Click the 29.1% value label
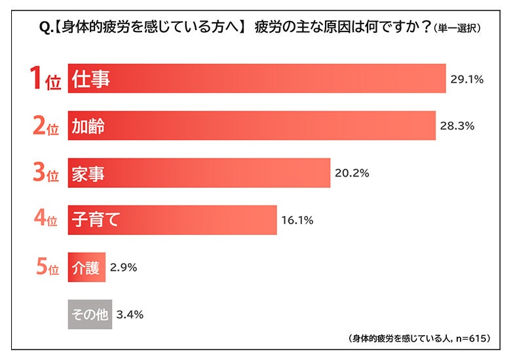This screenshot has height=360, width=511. [467, 79]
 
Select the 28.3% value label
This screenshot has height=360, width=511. [457, 126]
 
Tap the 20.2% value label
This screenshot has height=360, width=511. [352, 173]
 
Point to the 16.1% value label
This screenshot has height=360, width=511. [297, 220]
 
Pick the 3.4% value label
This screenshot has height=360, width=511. [130, 315]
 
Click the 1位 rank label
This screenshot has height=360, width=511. [46, 80]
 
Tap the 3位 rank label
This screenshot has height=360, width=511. [46, 174]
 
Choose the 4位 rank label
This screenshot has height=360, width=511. [46, 221]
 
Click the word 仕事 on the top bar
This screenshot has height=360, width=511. [92, 79]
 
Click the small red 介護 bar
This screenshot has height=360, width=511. [86, 268]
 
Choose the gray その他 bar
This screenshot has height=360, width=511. [90, 315]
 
